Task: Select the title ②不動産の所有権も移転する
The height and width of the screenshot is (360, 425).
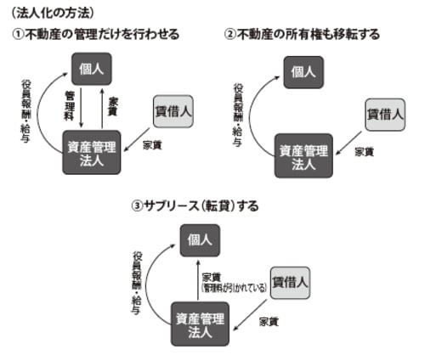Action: (x=301, y=34)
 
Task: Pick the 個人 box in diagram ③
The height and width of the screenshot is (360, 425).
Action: (x=197, y=240)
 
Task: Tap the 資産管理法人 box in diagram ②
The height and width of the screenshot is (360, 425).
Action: (x=303, y=155)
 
